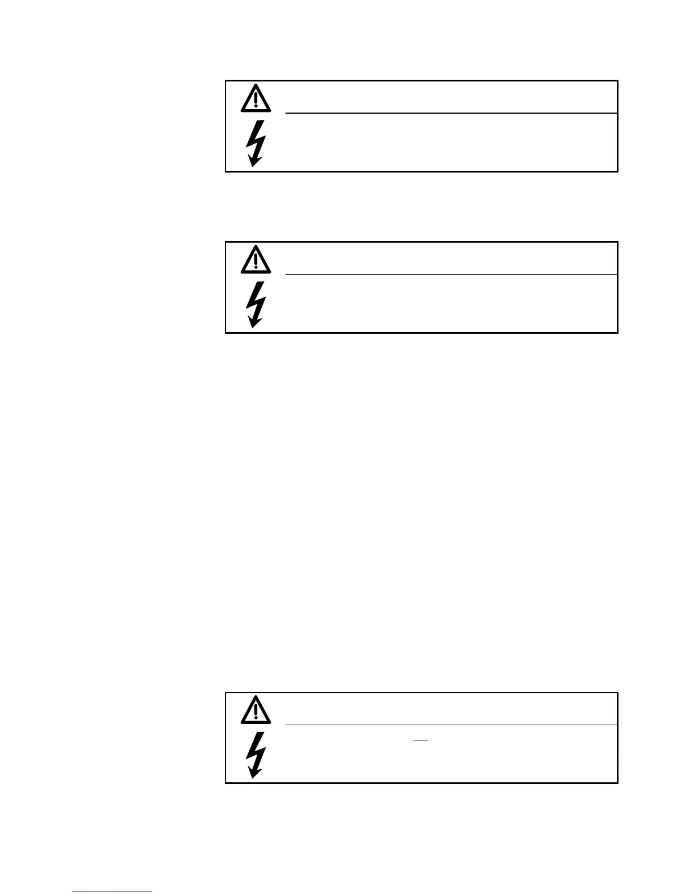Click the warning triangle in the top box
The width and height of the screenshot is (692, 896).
tap(256, 98)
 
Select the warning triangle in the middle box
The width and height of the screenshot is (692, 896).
tap(256, 260)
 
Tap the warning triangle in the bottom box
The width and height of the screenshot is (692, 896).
tap(256, 710)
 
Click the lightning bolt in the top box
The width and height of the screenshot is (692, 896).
tap(256, 143)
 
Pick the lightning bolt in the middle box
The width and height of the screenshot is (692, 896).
tap(256, 304)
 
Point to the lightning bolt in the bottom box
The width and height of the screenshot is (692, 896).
tap(256, 755)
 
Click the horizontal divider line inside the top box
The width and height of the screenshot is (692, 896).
tap(450, 113)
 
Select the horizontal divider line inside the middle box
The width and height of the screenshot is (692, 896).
tap(450, 275)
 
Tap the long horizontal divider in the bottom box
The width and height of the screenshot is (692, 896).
tap(450, 725)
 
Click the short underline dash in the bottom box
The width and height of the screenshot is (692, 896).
tap(421, 740)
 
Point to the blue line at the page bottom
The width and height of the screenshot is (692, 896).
tap(112, 891)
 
